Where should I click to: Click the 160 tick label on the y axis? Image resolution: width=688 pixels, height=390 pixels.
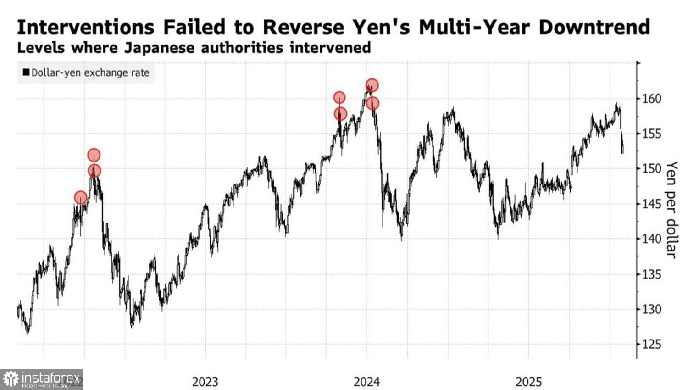[x=652, y=99]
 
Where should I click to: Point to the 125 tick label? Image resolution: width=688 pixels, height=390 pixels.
[x=652, y=344]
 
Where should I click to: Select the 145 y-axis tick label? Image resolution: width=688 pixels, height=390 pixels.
[x=652, y=204]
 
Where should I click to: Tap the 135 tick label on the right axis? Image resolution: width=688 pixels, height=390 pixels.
[x=652, y=274]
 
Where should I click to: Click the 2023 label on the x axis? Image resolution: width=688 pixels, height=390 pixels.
[x=205, y=382]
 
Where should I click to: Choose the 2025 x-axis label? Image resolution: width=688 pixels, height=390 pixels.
[x=528, y=382]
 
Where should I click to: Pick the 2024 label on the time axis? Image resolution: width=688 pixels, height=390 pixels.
[x=366, y=382]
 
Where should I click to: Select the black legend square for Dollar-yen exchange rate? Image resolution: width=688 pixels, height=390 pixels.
[x=26, y=72]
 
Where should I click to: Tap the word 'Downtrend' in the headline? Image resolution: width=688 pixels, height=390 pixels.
[x=594, y=28]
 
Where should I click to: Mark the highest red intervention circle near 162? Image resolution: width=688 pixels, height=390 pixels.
[x=372, y=85]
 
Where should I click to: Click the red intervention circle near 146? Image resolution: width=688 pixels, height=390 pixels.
[x=80, y=198]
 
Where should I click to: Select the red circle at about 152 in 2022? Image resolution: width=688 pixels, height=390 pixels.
[x=94, y=155]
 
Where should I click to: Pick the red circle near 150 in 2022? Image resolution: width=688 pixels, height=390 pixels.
[x=94, y=171]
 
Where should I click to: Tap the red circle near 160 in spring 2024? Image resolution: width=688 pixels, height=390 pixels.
[x=339, y=97]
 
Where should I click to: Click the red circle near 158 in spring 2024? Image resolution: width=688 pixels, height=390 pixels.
[x=340, y=114]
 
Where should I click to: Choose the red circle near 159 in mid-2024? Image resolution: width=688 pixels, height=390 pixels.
[x=372, y=104]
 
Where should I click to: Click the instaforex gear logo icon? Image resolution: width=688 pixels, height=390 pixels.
[x=11, y=379]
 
